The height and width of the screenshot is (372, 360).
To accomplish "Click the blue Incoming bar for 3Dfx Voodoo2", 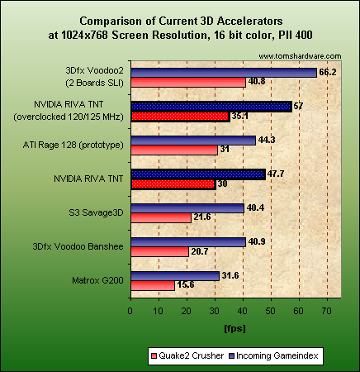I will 223,72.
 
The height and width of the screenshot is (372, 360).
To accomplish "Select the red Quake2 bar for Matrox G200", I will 152,285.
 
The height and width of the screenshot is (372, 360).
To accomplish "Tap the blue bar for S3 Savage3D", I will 187,207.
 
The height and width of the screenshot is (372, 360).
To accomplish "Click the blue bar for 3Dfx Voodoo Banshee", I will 187,241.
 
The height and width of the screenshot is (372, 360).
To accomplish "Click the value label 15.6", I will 186,285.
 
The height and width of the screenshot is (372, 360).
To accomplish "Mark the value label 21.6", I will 202,217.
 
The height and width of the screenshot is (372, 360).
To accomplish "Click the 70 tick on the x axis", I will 327,312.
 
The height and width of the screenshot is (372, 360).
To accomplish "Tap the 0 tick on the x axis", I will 130,312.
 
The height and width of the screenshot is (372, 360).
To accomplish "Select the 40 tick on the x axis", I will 243,312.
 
